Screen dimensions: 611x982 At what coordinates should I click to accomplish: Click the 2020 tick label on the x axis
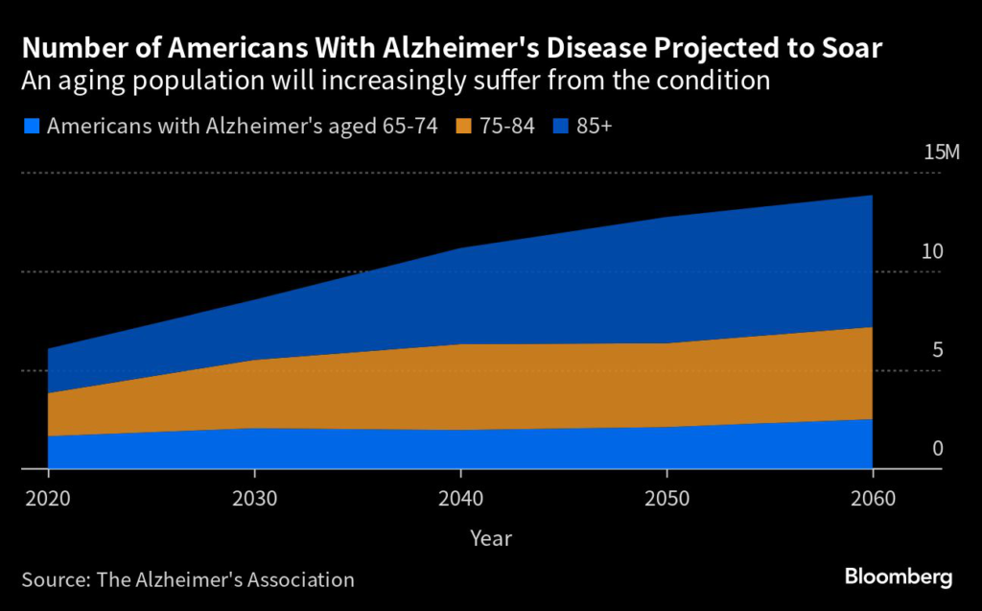tap(48, 499)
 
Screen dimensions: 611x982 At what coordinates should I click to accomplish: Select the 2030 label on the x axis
tap(254, 499)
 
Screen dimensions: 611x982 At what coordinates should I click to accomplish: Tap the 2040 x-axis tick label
tap(461, 499)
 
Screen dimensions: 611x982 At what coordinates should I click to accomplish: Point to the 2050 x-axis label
tap(666, 499)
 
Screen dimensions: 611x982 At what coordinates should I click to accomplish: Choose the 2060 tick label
tap(873, 499)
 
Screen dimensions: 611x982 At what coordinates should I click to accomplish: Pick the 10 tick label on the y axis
tap(932, 252)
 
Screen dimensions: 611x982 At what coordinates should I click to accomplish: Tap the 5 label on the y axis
tap(937, 350)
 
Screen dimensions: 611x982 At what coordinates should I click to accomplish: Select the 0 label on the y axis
tap(938, 449)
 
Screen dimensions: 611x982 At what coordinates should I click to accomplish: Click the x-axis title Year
tap(491, 538)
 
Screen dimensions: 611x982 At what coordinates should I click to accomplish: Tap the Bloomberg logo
tap(899, 576)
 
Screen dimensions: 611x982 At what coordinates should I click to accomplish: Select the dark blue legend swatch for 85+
tap(558, 125)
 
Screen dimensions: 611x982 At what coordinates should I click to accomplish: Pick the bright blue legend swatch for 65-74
tap(30, 125)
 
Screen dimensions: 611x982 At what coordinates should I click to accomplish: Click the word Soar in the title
tap(847, 48)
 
